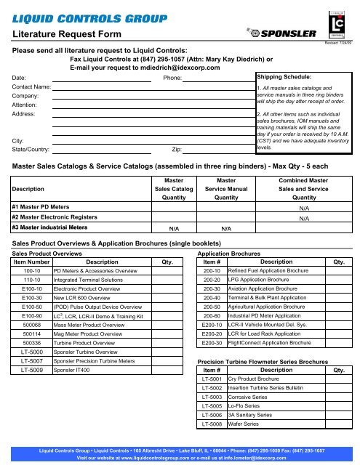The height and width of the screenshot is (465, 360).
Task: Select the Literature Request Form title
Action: pos(60,33)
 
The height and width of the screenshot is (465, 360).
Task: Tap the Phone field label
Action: pos(172,76)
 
